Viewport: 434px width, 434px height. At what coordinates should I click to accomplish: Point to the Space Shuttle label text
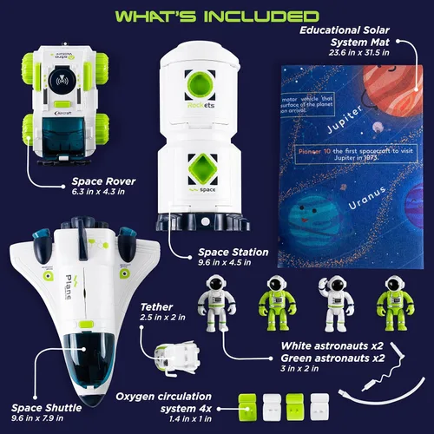tap(49, 407)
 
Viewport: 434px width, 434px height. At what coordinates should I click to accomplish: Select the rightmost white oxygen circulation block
tap(320, 404)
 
